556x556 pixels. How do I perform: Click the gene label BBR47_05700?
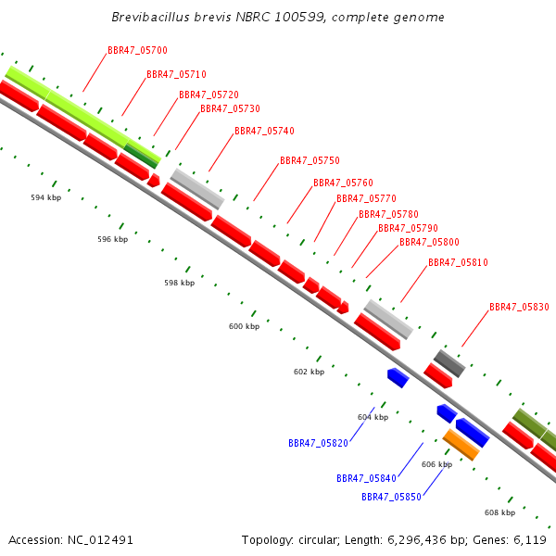coord(137,50)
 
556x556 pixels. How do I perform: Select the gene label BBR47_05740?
coord(264,132)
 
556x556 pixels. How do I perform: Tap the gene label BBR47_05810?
coord(458,263)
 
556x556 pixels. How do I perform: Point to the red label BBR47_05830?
coord(519,308)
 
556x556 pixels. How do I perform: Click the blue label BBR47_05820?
coord(318,444)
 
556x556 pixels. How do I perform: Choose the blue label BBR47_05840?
coord(366,479)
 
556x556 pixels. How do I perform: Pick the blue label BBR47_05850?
coord(391,498)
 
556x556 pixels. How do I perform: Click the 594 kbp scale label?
coord(45,198)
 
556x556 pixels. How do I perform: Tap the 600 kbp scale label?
coord(244,327)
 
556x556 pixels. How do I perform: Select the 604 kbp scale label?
coord(372,418)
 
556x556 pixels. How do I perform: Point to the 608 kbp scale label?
coord(499,512)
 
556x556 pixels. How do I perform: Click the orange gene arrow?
coord(461,445)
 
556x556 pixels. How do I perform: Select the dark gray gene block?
coord(449,362)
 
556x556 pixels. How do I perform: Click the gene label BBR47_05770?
coord(366,199)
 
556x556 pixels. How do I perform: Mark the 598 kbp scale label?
coord(179,284)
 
